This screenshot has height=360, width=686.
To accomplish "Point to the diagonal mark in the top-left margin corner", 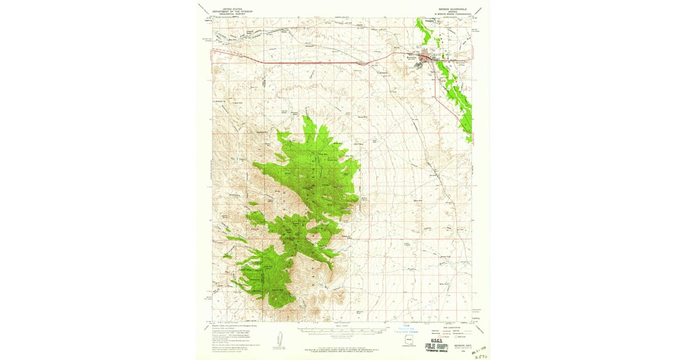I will (201, 7).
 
